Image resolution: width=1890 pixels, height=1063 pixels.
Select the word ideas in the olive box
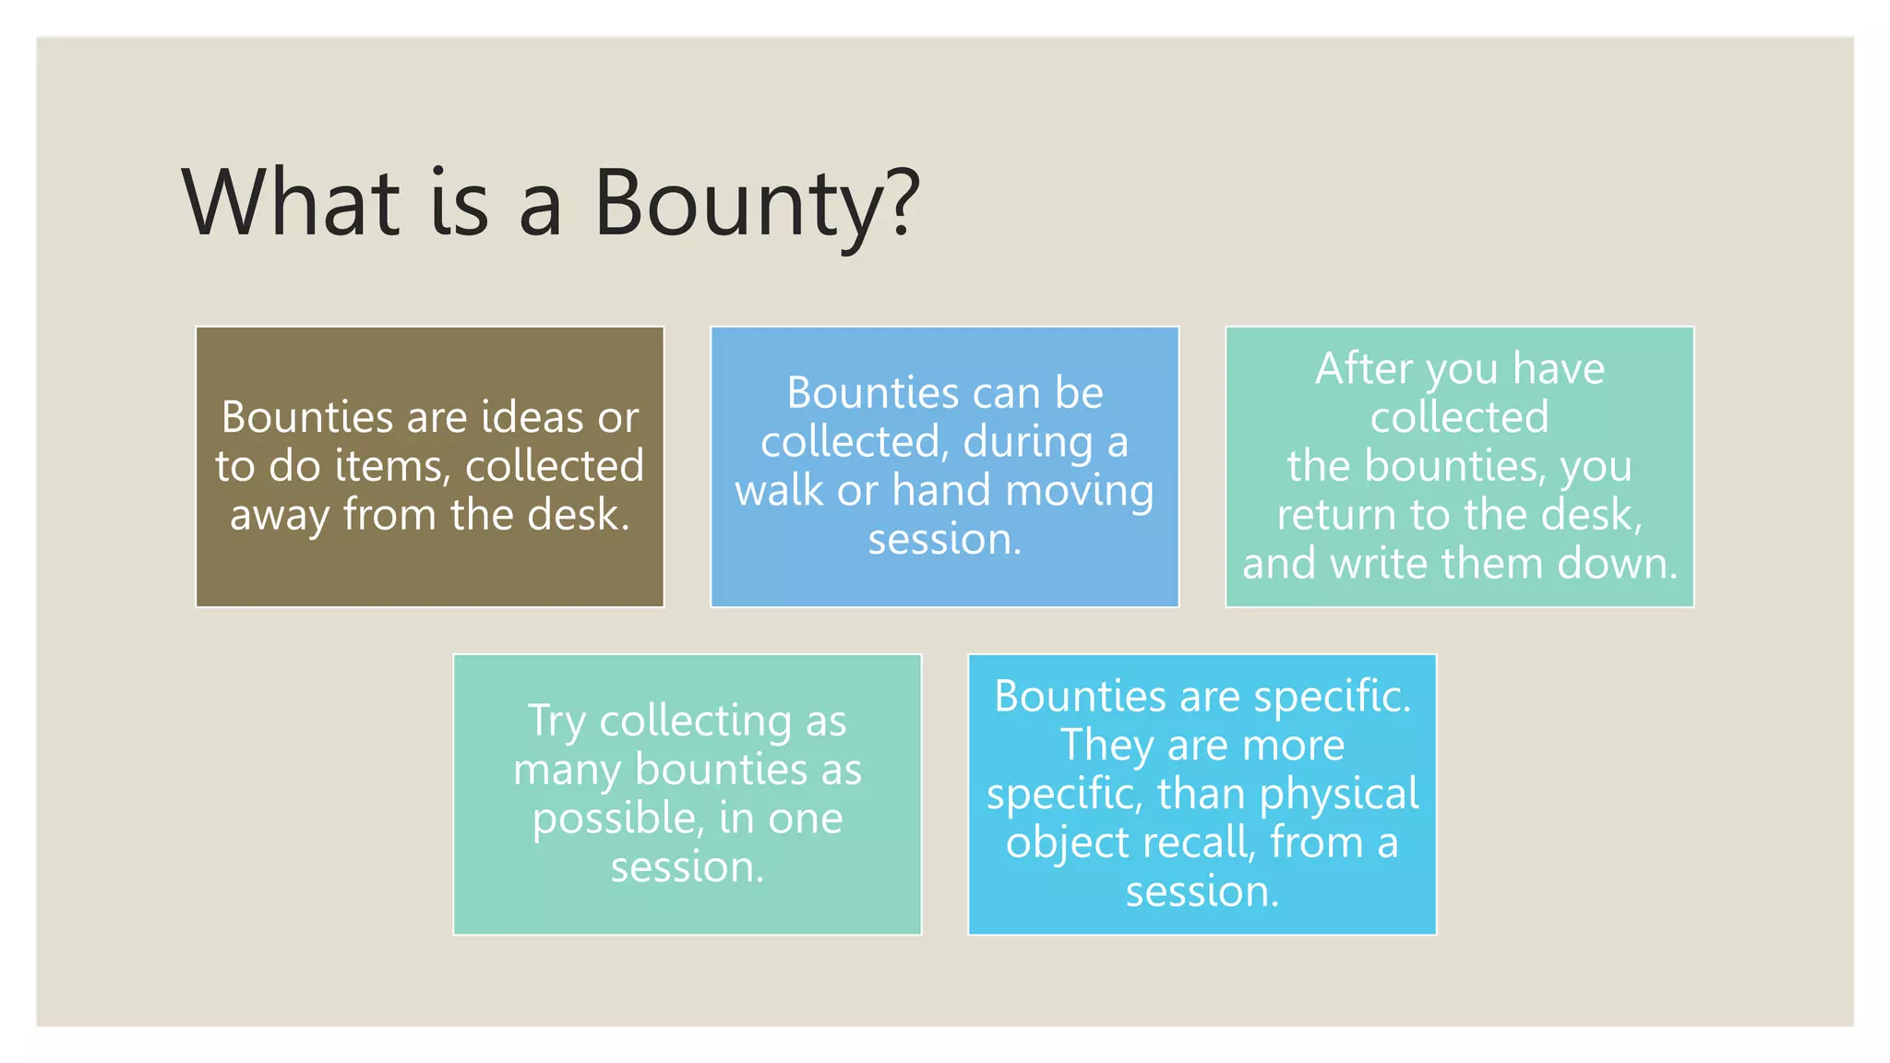(532, 417)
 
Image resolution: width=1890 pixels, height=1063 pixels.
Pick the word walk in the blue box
(779, 490)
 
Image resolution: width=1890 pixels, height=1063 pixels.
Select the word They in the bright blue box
(1106, 745)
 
